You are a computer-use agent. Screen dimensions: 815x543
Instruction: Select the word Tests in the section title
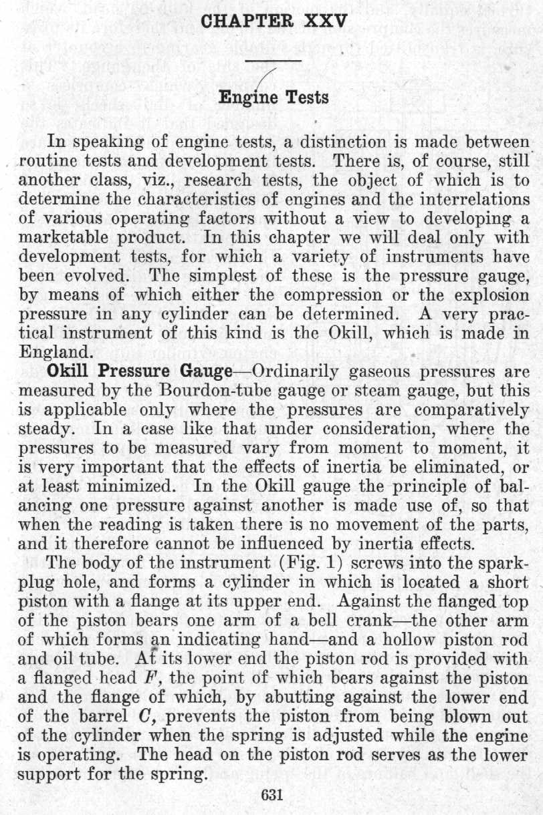308,98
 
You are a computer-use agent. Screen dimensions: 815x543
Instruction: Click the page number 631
273,795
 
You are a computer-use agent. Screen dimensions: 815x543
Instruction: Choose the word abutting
322,693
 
